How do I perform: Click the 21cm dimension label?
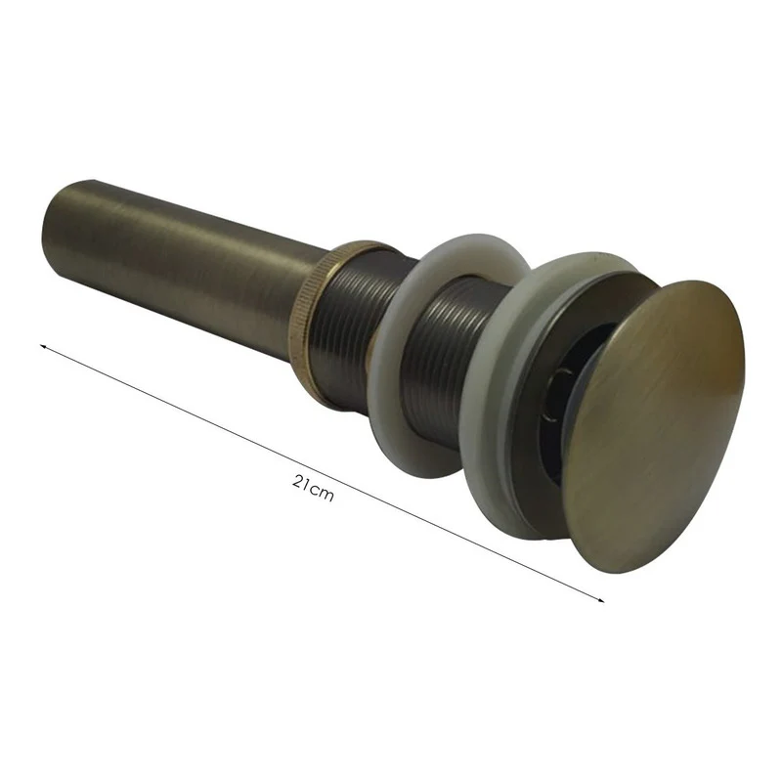tap(312, 487)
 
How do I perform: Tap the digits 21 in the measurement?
tap(300, 482)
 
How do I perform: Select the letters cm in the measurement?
tap(322, 493)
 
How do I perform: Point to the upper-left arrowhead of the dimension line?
tap(43, 346)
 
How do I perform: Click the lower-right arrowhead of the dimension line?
tap(601, 601)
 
